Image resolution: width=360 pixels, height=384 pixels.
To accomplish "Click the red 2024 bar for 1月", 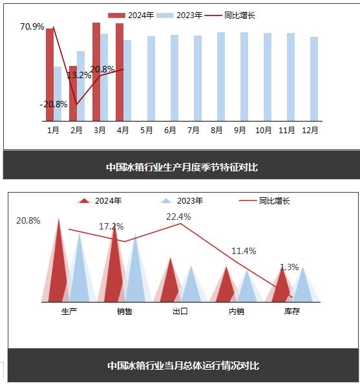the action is (50, 75).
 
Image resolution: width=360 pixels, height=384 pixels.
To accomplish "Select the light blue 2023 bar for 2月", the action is (81, 86).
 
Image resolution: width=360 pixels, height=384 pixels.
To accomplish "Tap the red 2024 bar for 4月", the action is (120, 72).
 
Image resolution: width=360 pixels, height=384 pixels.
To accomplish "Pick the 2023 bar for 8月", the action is (221, 77).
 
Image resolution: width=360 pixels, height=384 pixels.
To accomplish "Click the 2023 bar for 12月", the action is (314, 79).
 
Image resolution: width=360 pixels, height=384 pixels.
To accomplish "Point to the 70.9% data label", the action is (32, 27).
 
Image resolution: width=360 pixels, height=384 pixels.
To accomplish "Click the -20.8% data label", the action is (54, 104).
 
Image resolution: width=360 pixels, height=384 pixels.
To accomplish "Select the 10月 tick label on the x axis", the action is (263, 130).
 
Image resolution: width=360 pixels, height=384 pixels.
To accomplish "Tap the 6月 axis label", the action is (170, 130).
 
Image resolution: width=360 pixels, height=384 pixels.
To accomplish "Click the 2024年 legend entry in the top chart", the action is (131, 16).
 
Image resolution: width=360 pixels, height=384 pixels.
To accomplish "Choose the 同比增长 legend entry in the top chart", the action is (229, 16).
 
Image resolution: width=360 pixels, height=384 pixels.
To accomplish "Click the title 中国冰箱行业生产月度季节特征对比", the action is (182, 167).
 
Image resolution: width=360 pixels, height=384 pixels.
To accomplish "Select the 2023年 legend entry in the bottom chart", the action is (182, 201).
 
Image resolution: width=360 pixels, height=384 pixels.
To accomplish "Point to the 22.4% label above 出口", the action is (178, 217).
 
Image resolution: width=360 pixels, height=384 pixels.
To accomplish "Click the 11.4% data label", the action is (244, 251).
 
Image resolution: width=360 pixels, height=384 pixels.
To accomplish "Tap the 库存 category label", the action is (292, 312).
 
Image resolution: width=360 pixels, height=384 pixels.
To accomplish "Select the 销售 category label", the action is (125, 312).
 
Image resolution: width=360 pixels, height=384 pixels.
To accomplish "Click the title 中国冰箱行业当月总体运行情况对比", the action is (183, 366).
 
